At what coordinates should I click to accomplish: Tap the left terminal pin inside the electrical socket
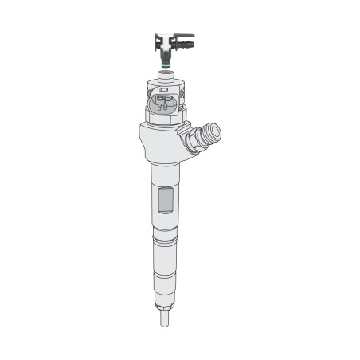[158, 103]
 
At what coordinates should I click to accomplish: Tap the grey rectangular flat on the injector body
[165, 200]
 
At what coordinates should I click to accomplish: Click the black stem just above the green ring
[165, 51]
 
